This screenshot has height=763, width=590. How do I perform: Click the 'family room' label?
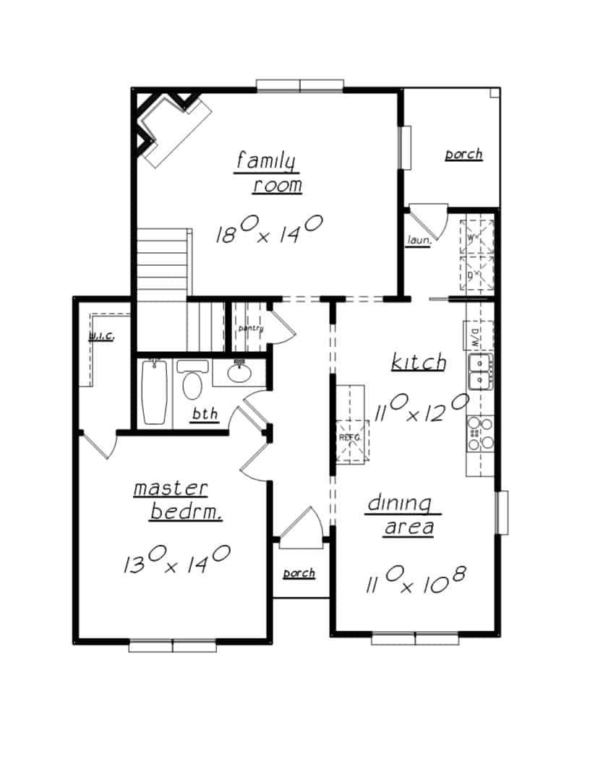tap(268, 173)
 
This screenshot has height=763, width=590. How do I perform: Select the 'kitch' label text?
tap(418, 362)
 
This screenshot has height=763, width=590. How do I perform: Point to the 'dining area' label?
tap(400, 514)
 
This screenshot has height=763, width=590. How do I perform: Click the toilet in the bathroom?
tap(192, 382)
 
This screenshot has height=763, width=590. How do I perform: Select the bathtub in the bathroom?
tap(154, 391)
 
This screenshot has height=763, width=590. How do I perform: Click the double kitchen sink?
tap(480, 371)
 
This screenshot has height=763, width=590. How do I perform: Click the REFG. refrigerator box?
tap(351, 437)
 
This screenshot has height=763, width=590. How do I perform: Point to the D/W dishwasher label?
tap(469, 334)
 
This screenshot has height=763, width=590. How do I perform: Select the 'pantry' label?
tap(250, 329)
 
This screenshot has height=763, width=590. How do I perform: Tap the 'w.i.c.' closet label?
tap(101, 337)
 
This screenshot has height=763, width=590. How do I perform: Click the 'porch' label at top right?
tap(463, 154)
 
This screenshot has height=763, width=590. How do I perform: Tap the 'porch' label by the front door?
tap(299, 573)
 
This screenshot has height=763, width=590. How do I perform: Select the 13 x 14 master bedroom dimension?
tap(176, 559)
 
